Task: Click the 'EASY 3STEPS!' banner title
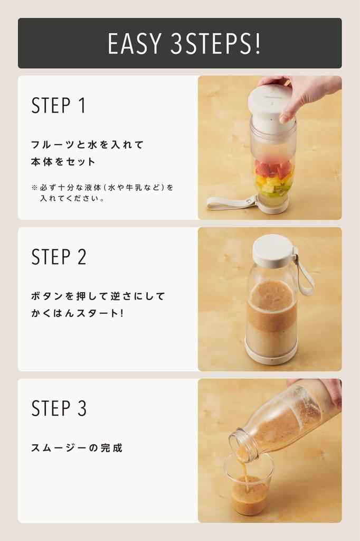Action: [184, 43]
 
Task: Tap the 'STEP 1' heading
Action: [58, 106]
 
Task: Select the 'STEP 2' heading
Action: [59, 257]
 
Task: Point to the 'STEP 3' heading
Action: [59, 408]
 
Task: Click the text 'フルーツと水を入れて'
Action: [87, 145]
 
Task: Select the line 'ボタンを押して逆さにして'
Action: [98, 296]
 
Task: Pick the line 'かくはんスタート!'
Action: [77, 313]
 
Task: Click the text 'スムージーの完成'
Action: [77, 448]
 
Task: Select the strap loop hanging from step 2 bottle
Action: [305, 275]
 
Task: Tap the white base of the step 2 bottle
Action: [271, 358]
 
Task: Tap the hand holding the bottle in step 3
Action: [330, 388]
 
